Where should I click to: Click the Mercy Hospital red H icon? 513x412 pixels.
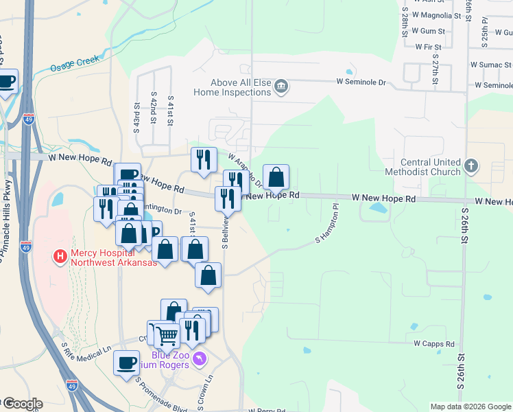(60, 257)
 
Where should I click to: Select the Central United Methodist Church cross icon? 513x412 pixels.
(470, 166)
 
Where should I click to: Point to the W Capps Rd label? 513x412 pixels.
(434, 343)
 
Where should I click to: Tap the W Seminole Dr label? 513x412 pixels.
(361, 82)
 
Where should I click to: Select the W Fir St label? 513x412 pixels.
(428, 47)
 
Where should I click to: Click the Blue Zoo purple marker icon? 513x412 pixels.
(200, 358)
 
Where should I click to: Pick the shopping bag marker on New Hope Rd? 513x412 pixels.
(276, 178)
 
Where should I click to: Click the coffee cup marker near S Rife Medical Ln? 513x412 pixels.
(126, 362)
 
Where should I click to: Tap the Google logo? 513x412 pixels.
(22, 404)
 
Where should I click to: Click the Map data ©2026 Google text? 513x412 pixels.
(470, 407)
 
